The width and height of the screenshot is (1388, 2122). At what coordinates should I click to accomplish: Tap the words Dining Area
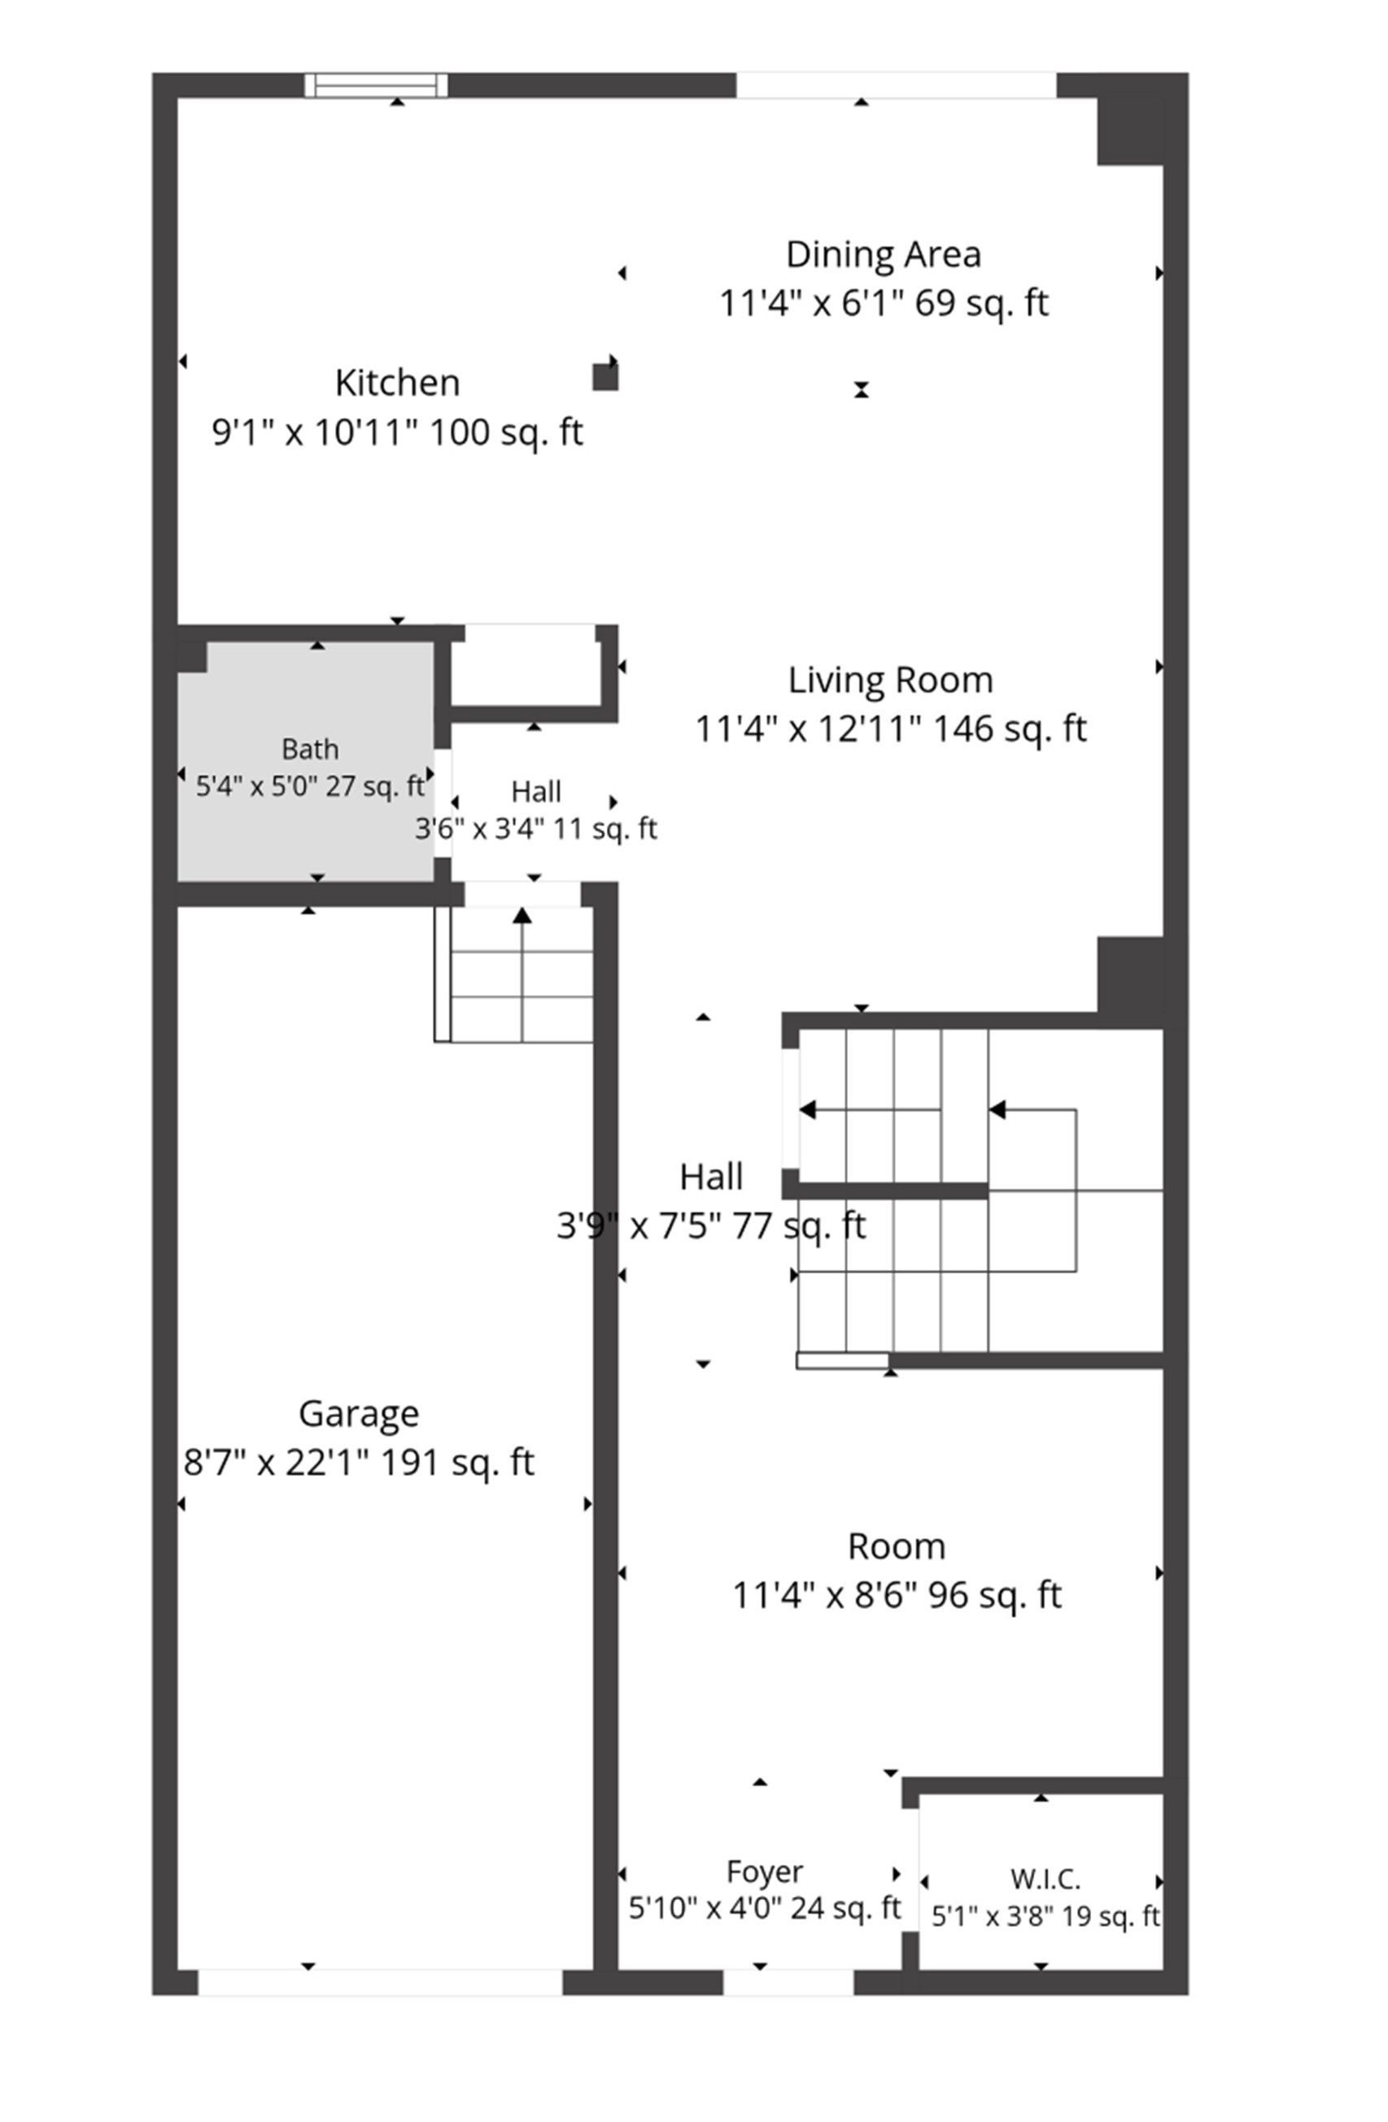coord(883,254)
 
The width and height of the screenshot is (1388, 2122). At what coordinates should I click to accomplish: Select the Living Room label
coord(890,681)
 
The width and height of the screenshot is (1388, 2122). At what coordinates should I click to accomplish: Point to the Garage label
coord(359,1413)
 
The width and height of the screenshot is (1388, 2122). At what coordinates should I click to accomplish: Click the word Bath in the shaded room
coord(309,748)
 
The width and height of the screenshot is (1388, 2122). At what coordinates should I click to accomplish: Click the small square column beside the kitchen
coord(605,377)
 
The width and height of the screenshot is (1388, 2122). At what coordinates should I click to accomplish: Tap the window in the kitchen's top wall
coord(376,85)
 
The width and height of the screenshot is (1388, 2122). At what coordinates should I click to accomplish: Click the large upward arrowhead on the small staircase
coord(522,915)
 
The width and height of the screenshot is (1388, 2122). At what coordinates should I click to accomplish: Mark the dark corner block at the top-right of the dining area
coord(1130,131)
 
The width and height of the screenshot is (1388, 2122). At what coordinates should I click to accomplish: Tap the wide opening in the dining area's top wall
coord(897,85)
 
